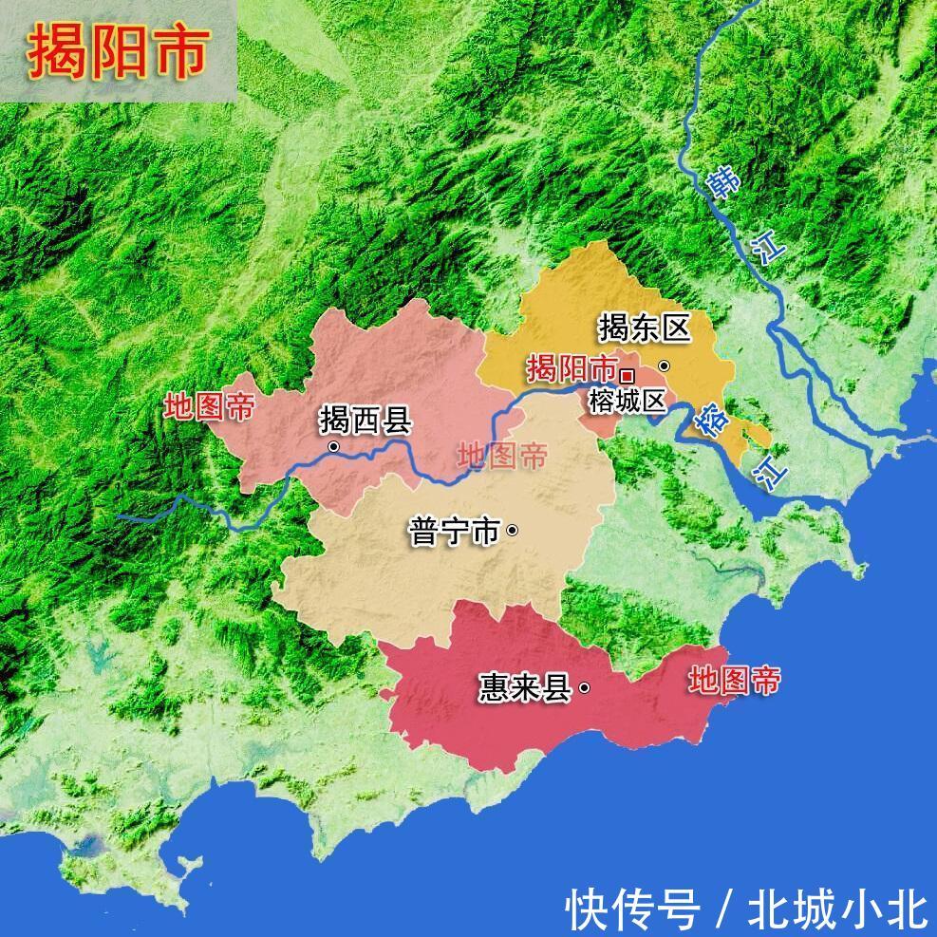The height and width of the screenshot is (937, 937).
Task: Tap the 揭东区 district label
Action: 642,328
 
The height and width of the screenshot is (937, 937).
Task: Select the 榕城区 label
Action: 627,401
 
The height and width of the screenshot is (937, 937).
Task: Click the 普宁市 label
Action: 454,531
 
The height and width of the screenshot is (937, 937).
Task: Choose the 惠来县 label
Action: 524,687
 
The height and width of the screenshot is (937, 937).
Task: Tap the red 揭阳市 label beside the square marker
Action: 571,367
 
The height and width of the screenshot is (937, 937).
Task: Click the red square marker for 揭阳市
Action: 627,372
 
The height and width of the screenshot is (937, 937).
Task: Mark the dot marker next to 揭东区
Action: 664,365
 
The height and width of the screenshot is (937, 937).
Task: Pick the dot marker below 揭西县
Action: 333,446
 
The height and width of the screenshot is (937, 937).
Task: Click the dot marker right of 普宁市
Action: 513,531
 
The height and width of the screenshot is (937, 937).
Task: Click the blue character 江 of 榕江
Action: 771,471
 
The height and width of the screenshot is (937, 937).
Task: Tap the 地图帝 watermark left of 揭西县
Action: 209,407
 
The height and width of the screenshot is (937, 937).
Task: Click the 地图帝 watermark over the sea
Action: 735,680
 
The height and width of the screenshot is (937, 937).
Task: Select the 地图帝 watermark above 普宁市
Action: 502,457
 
